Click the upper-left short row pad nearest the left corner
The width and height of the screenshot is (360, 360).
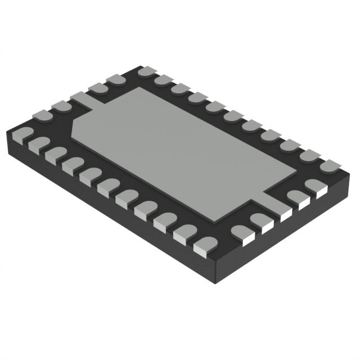[41, 116]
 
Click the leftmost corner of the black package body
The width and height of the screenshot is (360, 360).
[6, 135]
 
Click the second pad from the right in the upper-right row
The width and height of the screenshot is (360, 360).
[310, 155]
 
